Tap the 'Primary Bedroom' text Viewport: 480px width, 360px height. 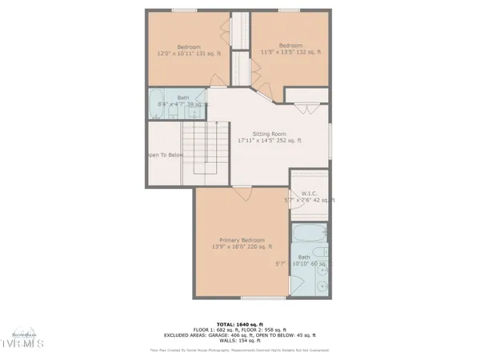tap(242, 239)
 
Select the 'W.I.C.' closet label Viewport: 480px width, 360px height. tap(309, 193)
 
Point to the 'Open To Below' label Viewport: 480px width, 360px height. tap(165, 155)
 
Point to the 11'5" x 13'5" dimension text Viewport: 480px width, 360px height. tap(290, 52)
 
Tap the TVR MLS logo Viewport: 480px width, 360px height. tap(25, 342)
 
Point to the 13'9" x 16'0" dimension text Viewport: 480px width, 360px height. tap(242, 246)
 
